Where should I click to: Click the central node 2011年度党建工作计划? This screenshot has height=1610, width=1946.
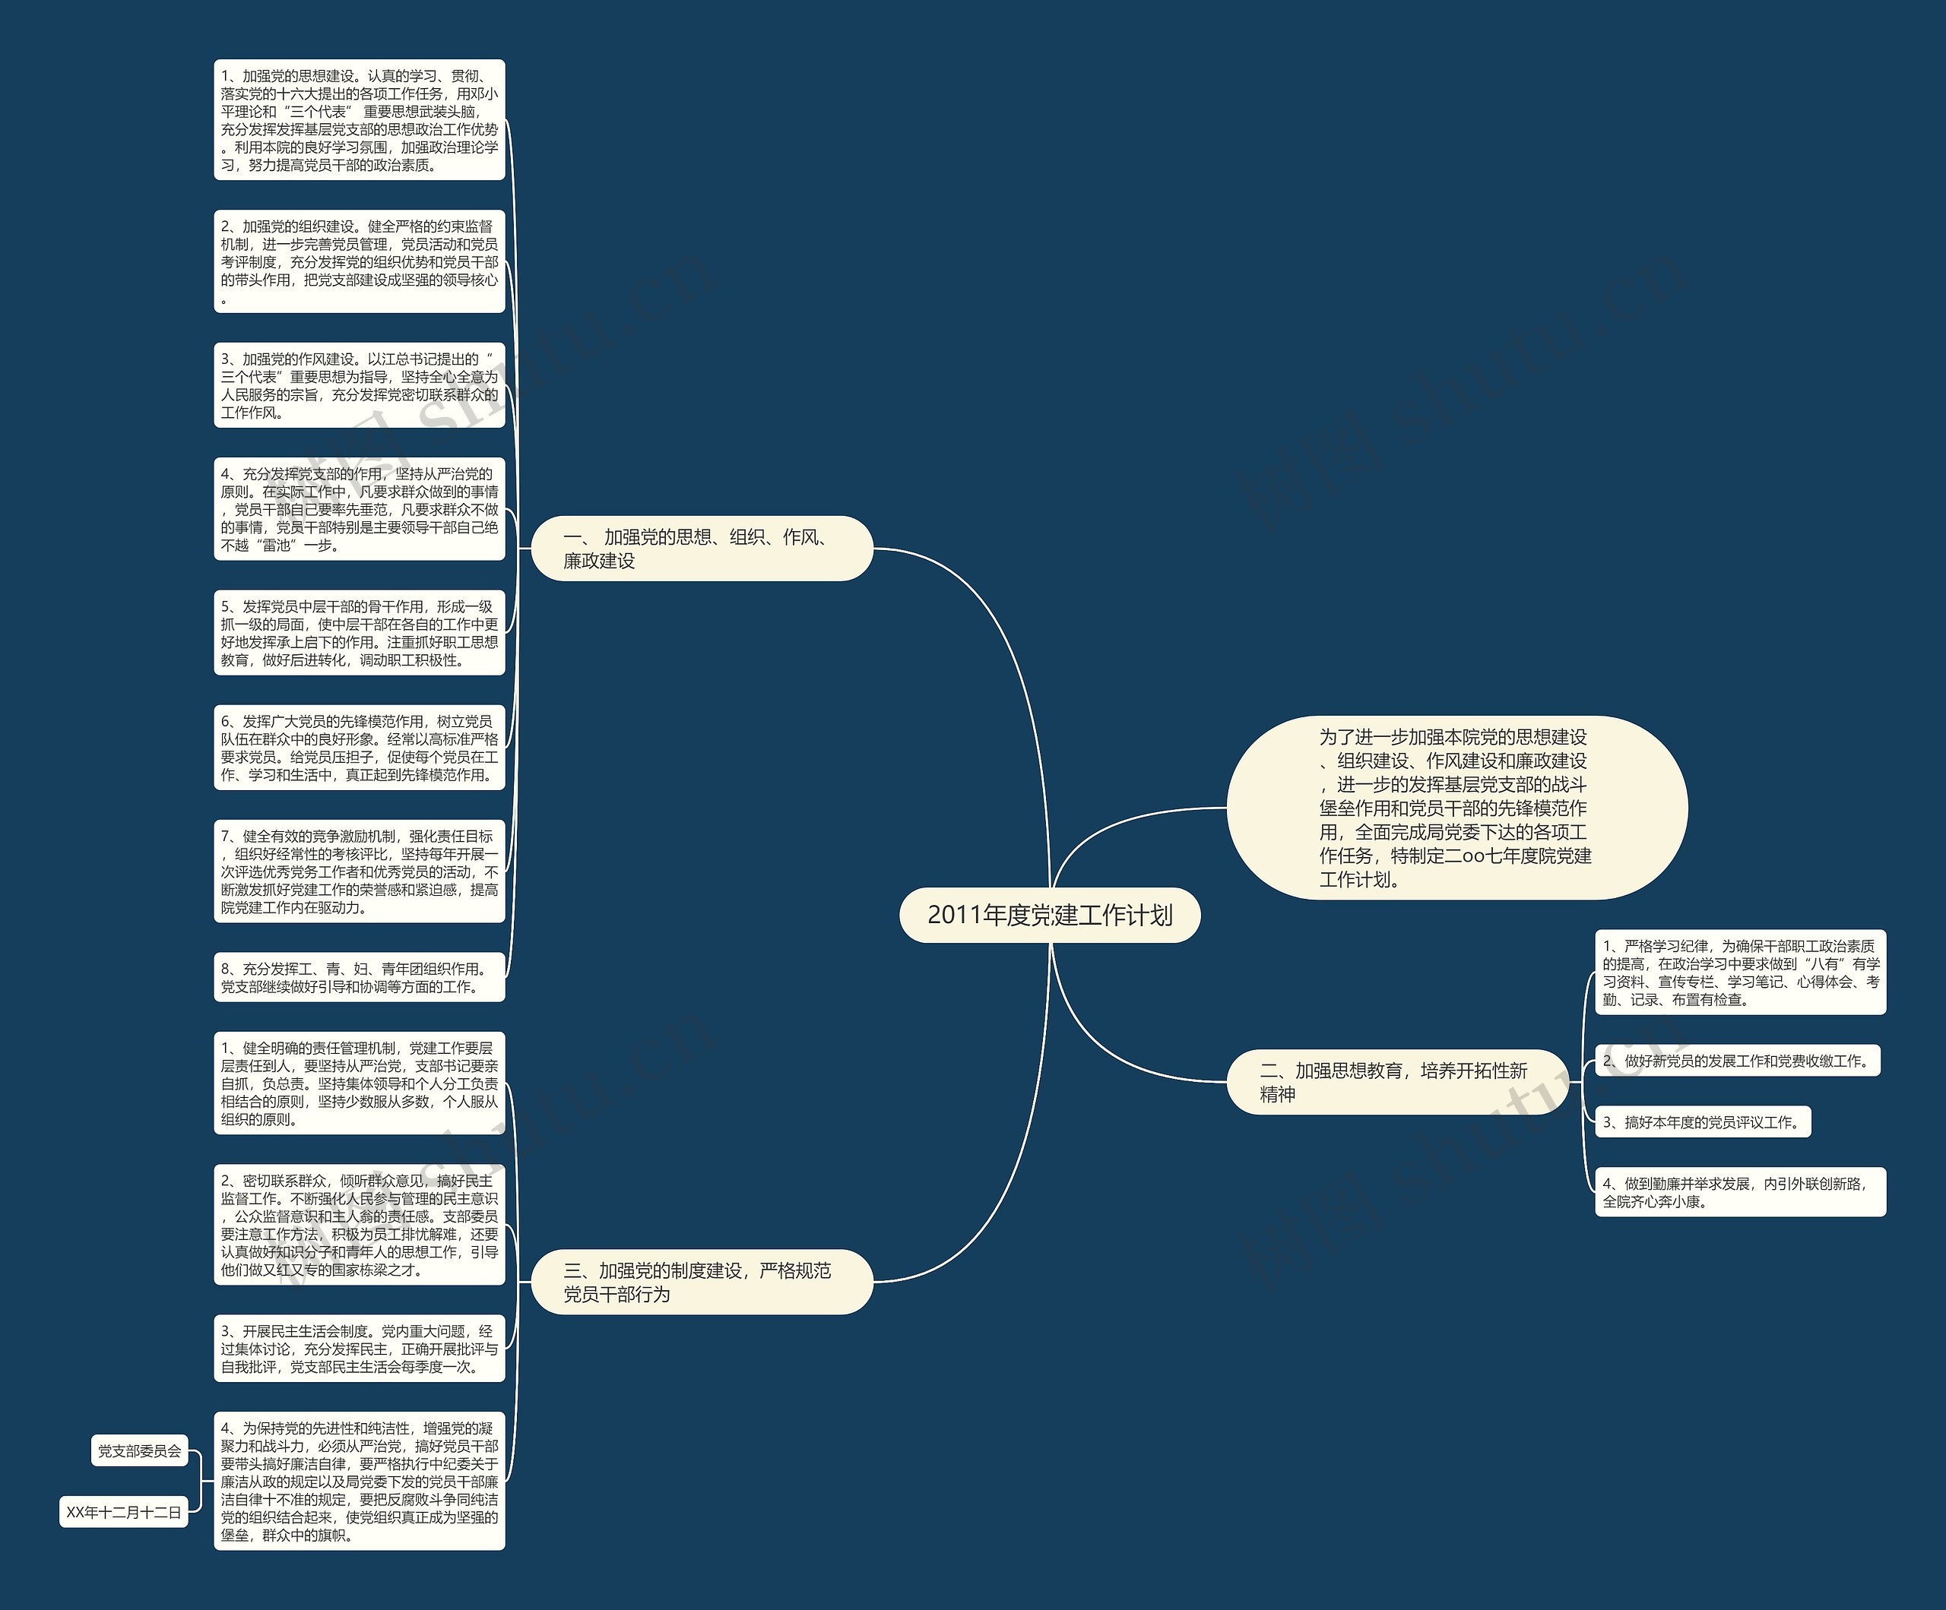point(1049,916)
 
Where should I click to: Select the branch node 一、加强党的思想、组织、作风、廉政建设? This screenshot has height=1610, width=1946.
point(702,549)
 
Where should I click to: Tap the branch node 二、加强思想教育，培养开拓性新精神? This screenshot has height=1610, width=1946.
point(1396,1082)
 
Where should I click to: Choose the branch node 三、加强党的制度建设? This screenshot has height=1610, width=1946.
point(702,1282)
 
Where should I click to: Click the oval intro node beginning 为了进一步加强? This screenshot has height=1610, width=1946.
point(1456,808)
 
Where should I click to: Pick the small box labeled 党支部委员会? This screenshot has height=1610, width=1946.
point(140,1450)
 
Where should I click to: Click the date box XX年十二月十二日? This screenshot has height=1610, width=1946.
point(123,1512)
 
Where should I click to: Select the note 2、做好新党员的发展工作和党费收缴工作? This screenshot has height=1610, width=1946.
point(1736,1061)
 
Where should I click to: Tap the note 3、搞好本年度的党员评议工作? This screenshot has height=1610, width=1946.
point(1701,1121)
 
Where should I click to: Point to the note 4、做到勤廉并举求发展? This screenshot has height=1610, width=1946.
point(1739,1192)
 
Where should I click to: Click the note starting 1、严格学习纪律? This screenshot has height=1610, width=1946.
point(1739,973)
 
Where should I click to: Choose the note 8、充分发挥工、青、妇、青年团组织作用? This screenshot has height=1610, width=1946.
point(359,977)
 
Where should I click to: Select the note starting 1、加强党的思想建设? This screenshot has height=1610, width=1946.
point(359,120)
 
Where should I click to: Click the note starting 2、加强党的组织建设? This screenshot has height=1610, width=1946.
point(359,262)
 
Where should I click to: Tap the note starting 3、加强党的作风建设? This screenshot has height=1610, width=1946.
point(359,385)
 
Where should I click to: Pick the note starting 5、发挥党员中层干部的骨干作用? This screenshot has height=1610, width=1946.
point(359,633)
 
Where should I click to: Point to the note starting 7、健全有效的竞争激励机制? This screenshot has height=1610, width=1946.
point(359,871)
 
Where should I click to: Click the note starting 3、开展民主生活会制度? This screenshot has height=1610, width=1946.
point(359,1349)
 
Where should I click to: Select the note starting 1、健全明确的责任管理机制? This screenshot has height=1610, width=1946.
point(359,1083)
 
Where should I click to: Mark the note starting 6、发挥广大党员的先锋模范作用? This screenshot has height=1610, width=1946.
point(359,748)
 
